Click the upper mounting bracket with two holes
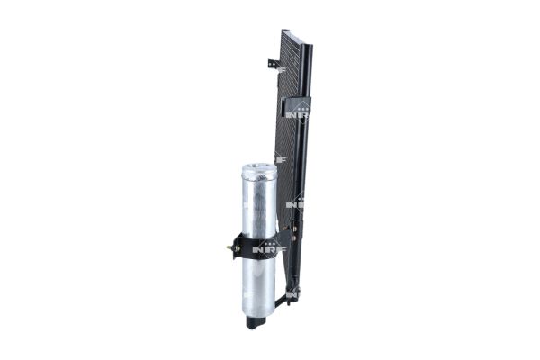(x=274, y=65)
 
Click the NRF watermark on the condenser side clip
(x=297, y=113)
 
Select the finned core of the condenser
(x=290, y=135)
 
